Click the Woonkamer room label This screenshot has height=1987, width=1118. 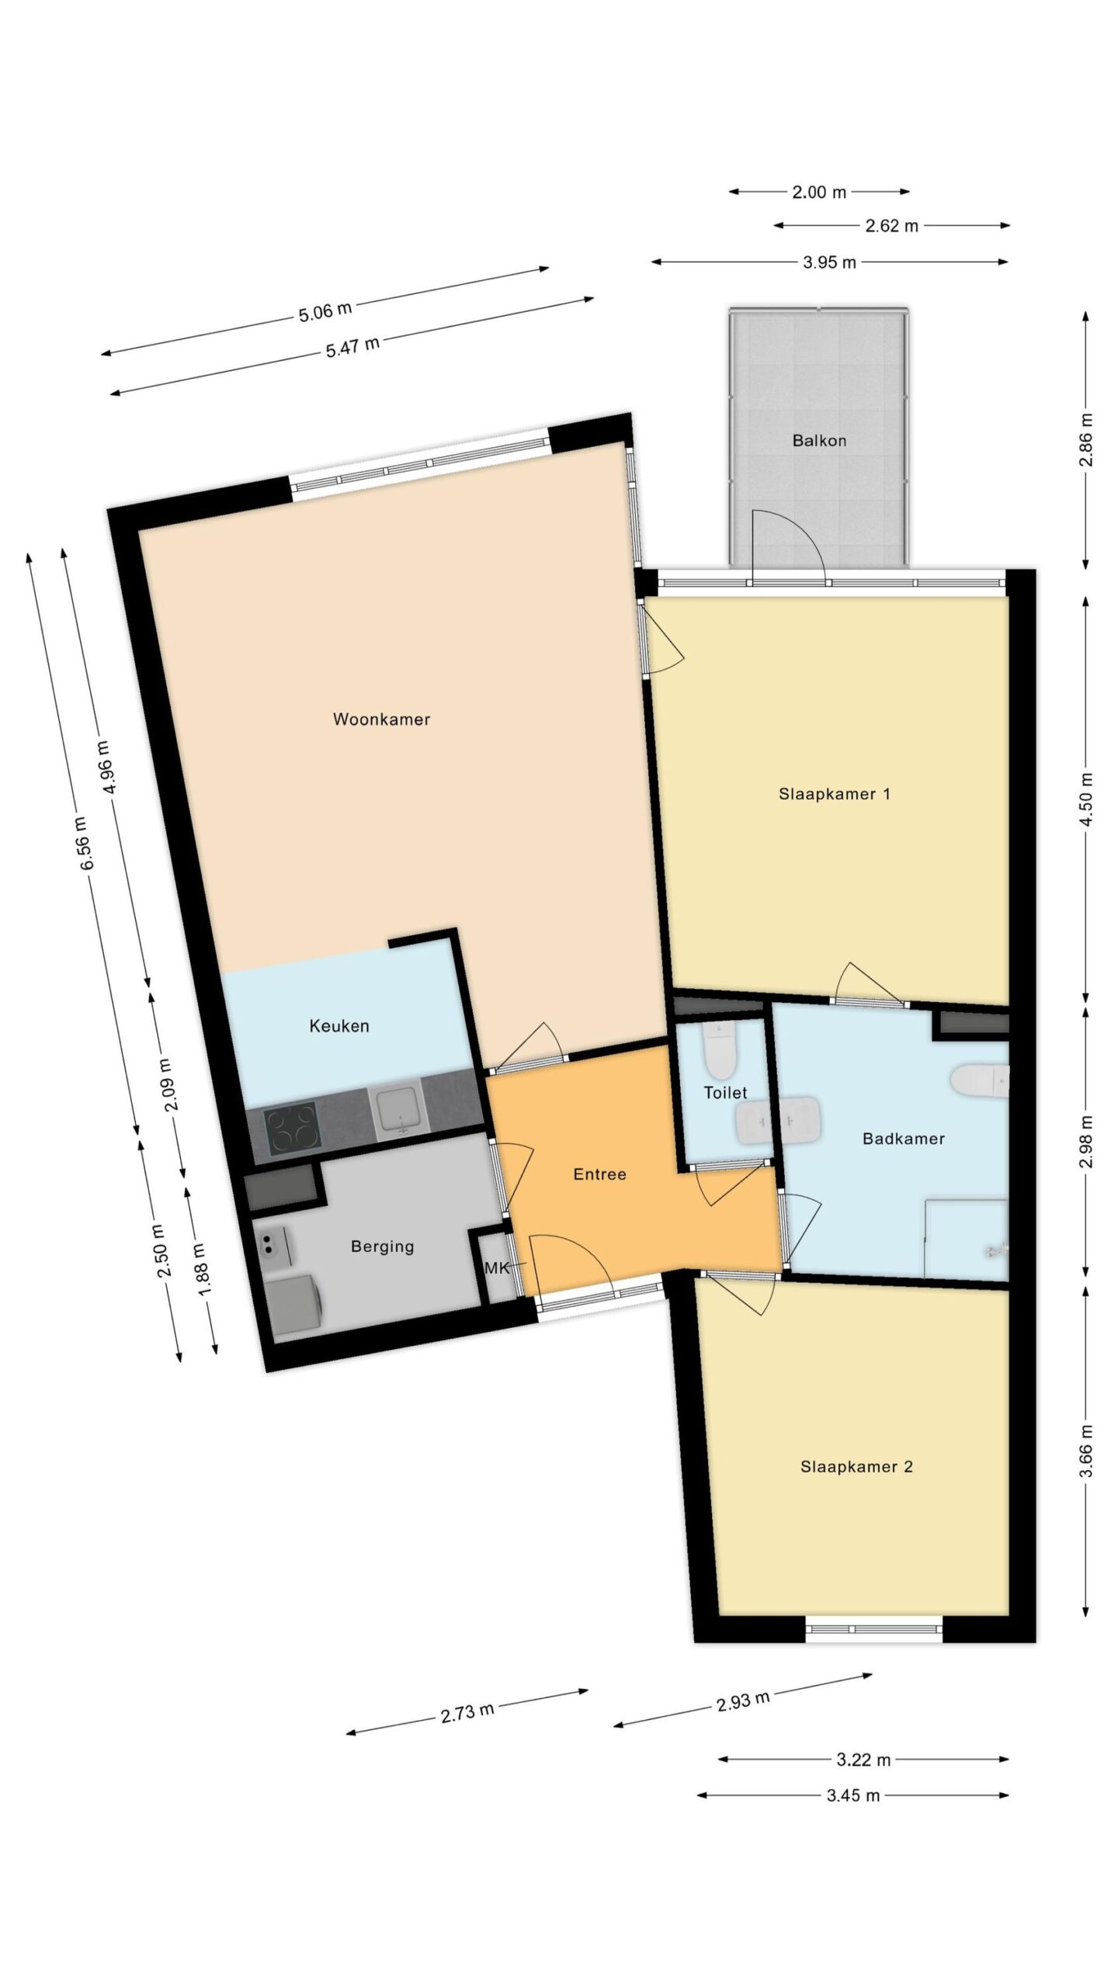click(381, 720)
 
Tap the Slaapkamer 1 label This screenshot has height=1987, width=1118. click(835, 794)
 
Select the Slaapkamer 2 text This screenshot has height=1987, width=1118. click(856, 1467)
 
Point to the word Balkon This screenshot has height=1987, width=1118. click(819, 441)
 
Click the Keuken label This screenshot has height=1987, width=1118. click(339, 1026)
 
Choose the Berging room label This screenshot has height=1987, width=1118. click(383, 1247)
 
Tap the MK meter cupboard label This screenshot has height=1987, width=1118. click(497, 1268)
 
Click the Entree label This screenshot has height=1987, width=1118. click(599, 1174)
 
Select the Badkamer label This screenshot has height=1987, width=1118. click(904, 1139)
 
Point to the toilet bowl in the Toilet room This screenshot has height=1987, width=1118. click(720, 1049)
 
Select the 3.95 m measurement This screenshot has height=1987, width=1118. click(830, 262)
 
